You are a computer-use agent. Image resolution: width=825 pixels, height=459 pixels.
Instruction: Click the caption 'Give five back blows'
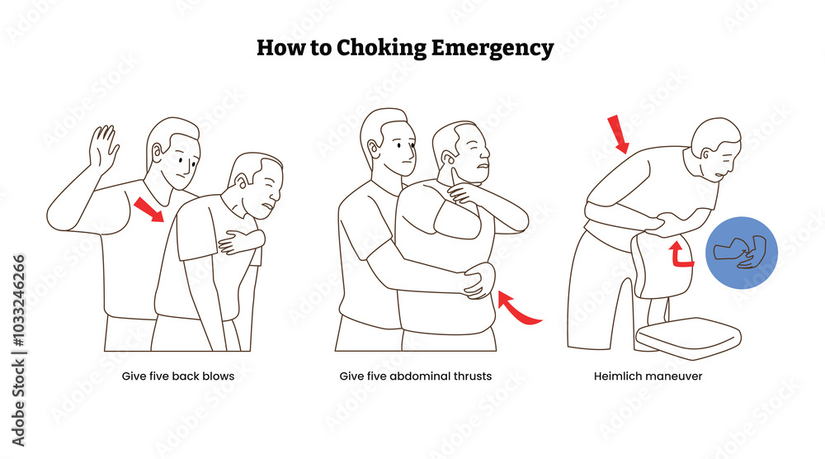tap(178, 376)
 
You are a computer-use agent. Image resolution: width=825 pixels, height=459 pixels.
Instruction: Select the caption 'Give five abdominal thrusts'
tap(416, 376)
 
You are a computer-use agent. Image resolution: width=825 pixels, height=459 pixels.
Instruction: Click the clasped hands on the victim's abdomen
tap(477, 282)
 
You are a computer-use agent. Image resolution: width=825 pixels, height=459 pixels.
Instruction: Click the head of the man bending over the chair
tap(715, 149)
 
